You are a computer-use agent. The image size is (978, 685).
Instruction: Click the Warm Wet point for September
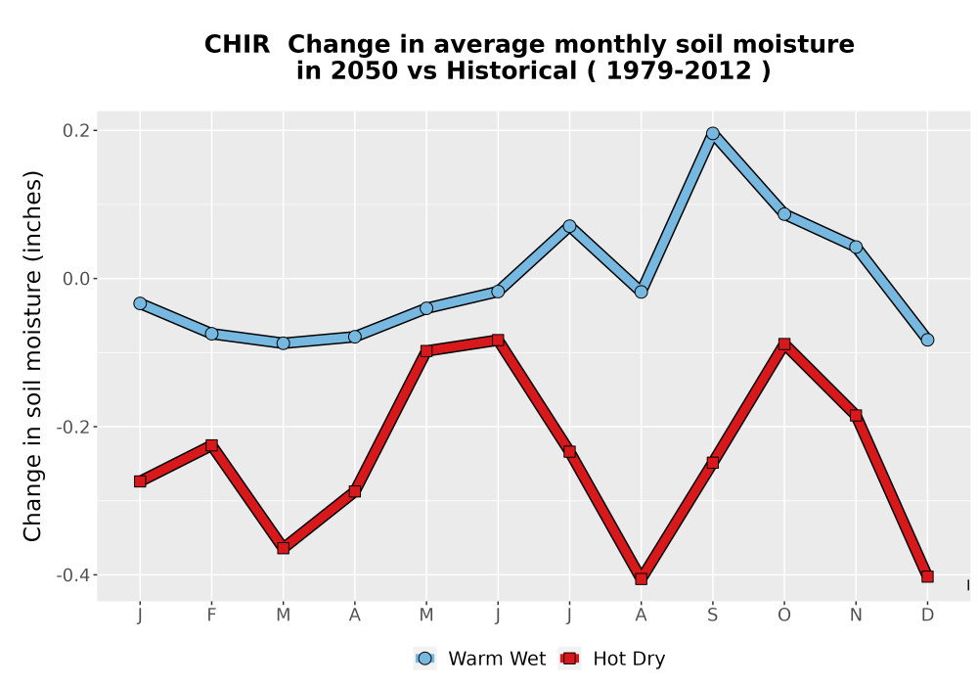[712, 133]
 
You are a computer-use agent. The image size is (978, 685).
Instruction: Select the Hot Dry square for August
[642, 578]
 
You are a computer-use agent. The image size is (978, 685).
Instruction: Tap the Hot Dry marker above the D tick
[927, 576]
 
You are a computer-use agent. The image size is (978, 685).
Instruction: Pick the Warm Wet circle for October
[784, 214]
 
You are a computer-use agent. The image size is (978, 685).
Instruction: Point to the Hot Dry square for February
[211, 445]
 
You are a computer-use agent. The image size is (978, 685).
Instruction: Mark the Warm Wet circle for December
[927, 340]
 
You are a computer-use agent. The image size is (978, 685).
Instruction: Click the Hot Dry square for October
[784, 343]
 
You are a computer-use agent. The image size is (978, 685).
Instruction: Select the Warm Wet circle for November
[856, 247]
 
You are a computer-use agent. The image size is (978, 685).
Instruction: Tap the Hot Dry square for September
[712, 462]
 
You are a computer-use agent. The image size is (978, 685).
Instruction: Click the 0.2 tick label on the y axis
[76, 130]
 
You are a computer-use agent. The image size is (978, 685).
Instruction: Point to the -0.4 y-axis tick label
[73, 574]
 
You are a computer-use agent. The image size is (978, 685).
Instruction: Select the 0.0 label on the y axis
[76, 278]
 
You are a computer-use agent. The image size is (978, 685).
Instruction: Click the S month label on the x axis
[712, 616]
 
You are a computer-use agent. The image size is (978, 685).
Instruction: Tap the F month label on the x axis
[211, 616]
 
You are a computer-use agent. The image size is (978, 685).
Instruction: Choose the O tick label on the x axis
[784, 616]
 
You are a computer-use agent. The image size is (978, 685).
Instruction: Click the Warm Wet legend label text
[497, 659]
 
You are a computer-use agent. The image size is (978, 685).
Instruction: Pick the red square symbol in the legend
[569, 659]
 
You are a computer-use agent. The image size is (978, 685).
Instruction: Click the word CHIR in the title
[237, 44]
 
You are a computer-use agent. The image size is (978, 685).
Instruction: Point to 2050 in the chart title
[364, 70]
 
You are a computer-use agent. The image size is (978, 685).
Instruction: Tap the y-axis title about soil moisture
[32, 355]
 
